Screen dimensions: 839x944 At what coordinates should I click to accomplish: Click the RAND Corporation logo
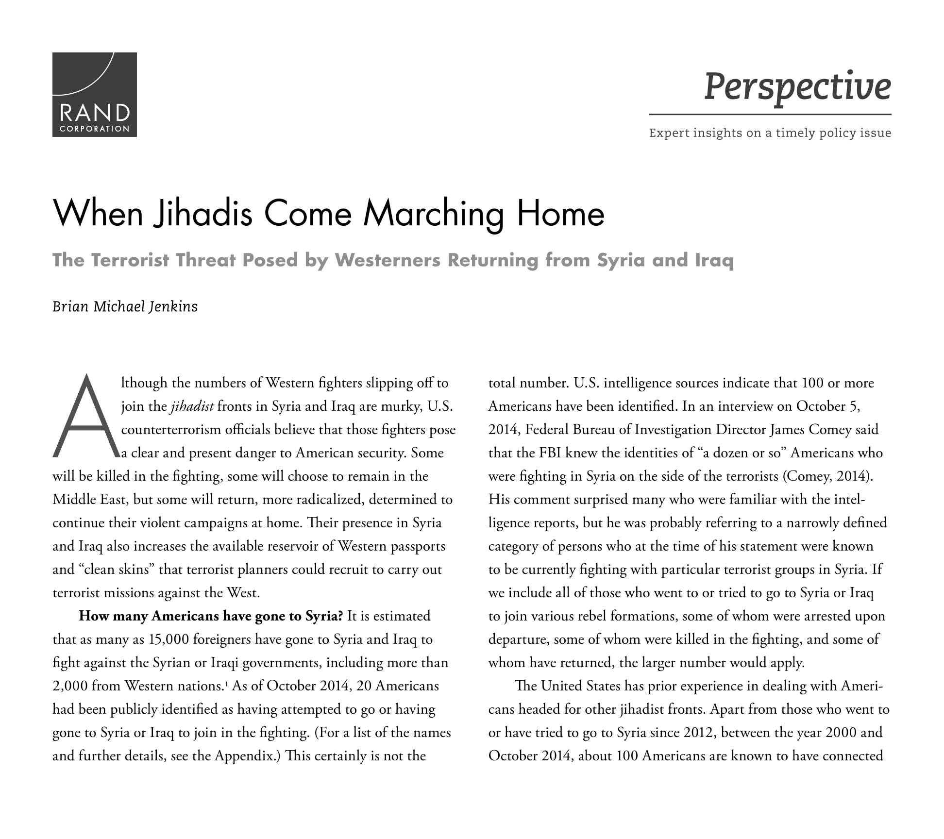[94, 94]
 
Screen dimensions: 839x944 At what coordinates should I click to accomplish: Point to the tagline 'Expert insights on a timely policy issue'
[770, 133]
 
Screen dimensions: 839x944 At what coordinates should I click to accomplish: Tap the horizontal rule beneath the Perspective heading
[770, 115]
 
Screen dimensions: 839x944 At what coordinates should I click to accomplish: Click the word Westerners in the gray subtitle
[387, 260]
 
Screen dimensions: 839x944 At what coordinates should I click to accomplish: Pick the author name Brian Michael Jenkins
[125, 307]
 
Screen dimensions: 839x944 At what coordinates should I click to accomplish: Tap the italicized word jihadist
[192, 406]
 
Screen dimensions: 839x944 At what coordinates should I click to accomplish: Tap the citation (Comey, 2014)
[828, 476]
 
